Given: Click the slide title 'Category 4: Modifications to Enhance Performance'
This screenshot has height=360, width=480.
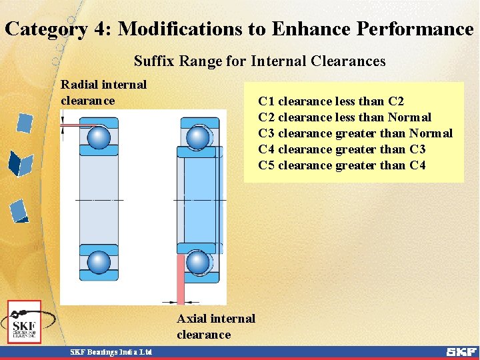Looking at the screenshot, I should click(239, 29).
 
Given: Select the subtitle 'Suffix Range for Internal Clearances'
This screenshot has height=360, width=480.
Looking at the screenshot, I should click(259, 61).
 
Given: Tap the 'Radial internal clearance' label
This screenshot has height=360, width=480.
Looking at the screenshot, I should click(103, 93).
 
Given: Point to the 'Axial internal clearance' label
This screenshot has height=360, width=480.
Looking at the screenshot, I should click(215, 327).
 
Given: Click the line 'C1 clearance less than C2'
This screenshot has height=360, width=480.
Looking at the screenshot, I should click(331, 101).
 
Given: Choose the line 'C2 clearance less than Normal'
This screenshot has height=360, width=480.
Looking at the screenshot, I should click(344, 117).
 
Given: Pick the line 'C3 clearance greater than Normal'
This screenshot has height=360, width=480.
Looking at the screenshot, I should click(355, 133).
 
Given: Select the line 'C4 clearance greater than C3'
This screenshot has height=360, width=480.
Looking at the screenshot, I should click(341, 149).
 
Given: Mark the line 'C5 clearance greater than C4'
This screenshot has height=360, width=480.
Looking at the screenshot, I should click(341, 165).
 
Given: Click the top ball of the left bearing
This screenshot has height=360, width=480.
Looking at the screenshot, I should click(99, 138).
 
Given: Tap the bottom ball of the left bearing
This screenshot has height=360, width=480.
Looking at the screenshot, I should click(99, 261).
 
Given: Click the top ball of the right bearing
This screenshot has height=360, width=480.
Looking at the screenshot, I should click(197, 138).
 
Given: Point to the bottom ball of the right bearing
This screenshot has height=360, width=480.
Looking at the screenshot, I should click(197, 261).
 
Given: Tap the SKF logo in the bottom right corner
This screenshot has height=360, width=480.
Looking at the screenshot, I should click(461, 352).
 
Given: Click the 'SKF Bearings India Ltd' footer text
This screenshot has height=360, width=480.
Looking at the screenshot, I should click(111, 352).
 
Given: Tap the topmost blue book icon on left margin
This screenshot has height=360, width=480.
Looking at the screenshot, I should click(25, 123).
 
